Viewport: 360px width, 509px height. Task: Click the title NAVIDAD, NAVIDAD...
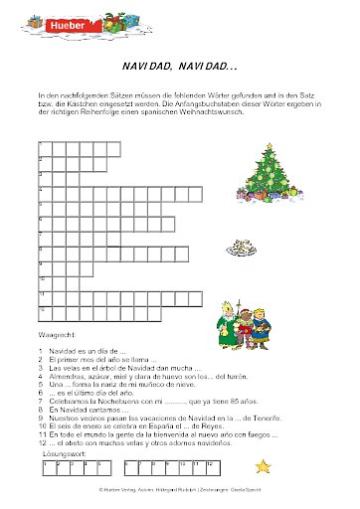point(180,66)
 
